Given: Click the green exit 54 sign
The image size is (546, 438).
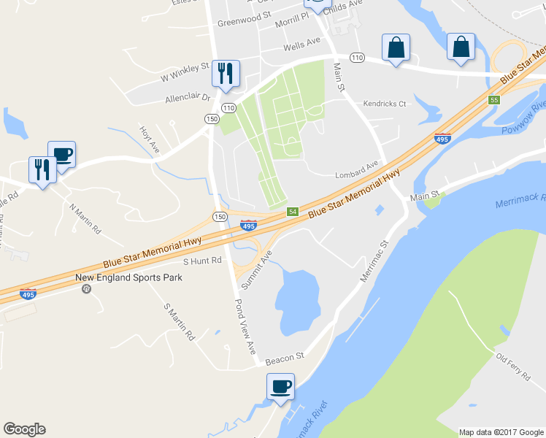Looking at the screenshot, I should pos(292,211).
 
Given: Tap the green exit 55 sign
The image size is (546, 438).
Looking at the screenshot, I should pos(494,99).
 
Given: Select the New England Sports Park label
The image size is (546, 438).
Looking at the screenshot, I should pos(129,277).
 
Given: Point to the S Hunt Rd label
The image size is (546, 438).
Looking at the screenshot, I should pos(201,261).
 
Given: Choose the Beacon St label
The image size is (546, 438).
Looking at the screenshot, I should pos(284,358).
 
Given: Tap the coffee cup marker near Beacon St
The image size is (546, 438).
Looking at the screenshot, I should pos(281,386).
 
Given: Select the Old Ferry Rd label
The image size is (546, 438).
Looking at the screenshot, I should pos(512,366).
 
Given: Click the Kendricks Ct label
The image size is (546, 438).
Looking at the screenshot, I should pos(385,104).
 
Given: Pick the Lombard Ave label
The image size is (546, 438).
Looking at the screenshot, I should pos(357,171).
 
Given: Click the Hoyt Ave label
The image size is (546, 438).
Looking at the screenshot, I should pos(150,138).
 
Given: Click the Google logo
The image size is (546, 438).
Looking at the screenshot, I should pos(24,429).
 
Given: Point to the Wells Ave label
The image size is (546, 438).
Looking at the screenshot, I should pos(302,46).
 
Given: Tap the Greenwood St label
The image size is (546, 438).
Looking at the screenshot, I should pos(244,14).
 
